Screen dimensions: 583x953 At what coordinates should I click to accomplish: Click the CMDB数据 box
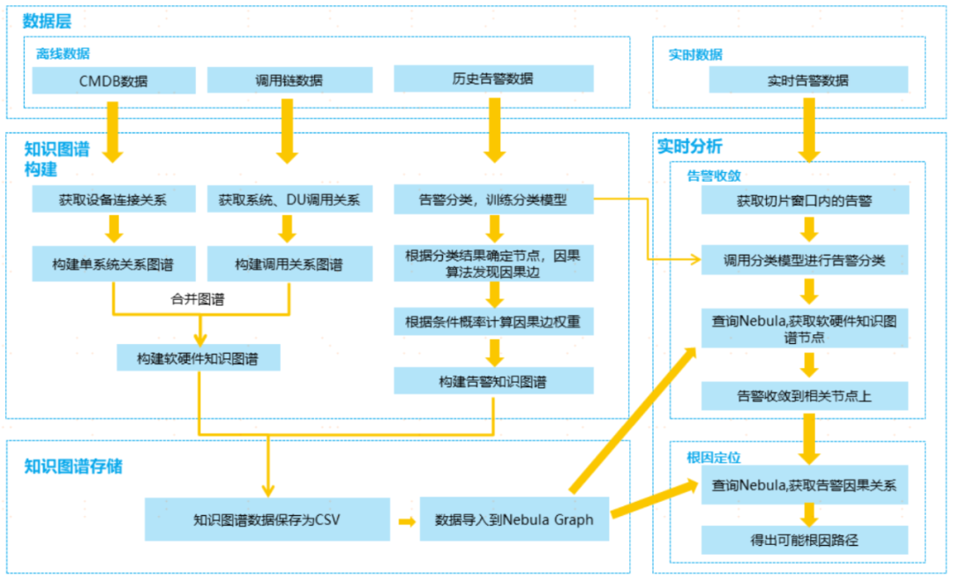click(x=113, y=81)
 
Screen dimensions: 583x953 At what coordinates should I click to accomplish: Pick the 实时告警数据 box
click(x=808, y=80)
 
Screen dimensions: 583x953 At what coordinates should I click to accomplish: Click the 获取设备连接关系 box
click(x=113, y=199)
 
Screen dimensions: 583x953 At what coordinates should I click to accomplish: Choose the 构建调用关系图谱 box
click(x=288, y=264)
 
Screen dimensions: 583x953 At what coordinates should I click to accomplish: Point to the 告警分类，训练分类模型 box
click(x=493, y=199)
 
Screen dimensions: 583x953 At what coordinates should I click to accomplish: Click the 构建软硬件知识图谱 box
click(x=199, y=358)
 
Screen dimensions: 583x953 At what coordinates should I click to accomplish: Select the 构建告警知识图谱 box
click(x=493, y=381)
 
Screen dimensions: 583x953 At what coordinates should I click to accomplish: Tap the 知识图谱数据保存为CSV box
click(x=266, y=519)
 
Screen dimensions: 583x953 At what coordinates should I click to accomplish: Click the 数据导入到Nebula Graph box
click(x=514, y=519)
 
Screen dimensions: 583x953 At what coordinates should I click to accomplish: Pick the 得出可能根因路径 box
click(x=804, y=540)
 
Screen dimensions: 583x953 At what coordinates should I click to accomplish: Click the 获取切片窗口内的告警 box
click(x=804, y=200)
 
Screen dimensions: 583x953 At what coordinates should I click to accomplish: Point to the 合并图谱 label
click(x=198, y=299)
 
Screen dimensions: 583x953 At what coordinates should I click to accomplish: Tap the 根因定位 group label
click(x=713, y=458)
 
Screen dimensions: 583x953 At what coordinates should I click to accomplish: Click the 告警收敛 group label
click(x=713, y=176)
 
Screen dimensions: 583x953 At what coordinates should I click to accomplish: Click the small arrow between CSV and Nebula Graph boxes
click(x=406, y=520)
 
